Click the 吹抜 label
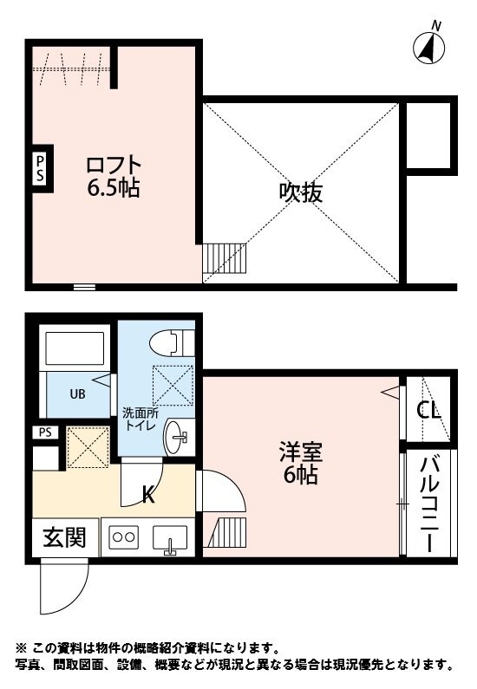click(301, 192)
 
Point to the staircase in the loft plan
click(225, 257)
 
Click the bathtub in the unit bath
click(75, 348)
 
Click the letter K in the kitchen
click(148, 495)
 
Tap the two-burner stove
click(123, 537)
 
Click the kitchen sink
click(170, 539)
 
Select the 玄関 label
click(64, 538)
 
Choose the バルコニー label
click(428, 504)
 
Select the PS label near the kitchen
click(43, 432)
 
